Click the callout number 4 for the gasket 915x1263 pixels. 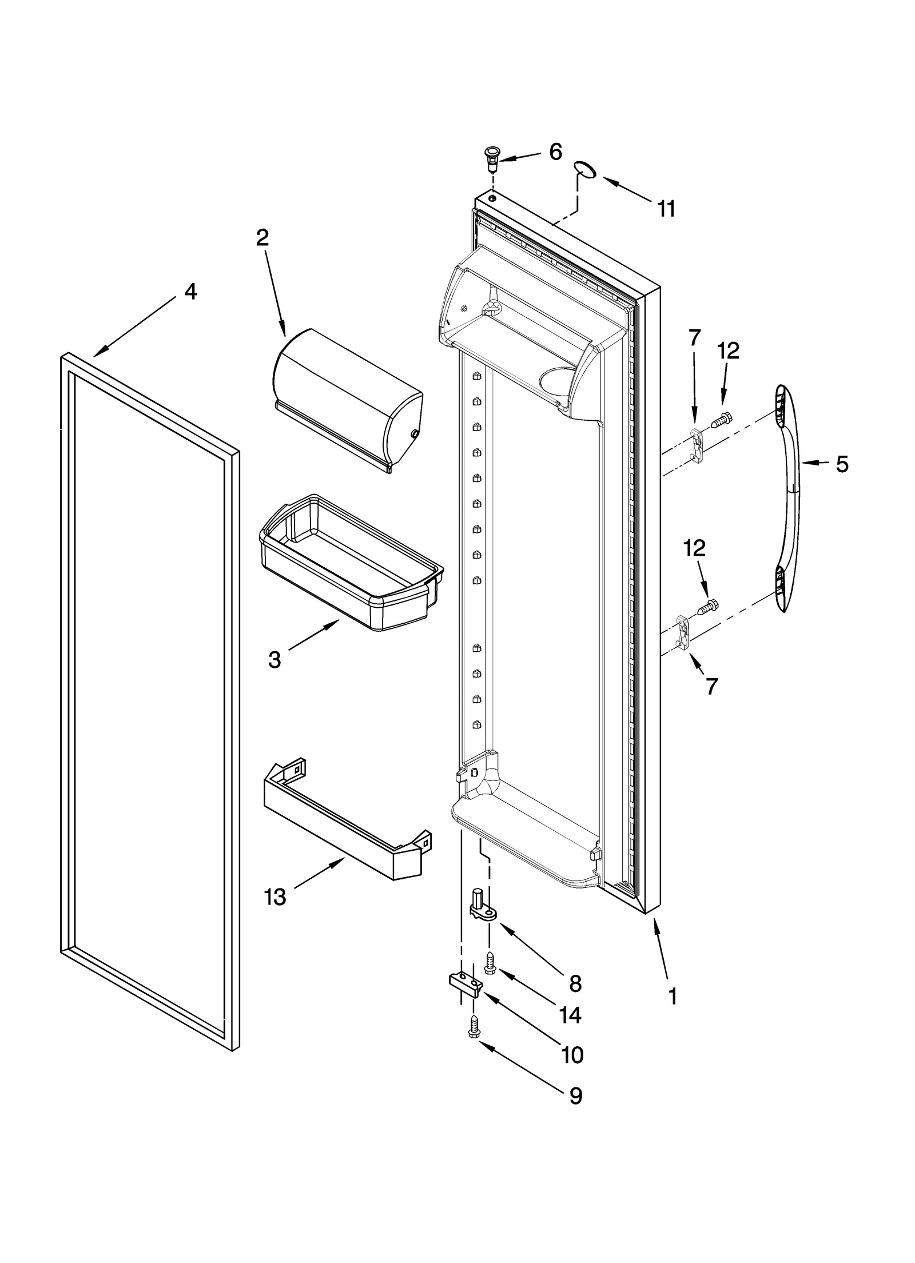(x=190, y=292)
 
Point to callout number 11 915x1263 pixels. (x=666, y=209)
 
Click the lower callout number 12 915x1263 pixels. (x=694, y=548)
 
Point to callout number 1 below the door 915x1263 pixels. (x=673, y=997)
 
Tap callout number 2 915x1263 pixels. (x=262, y=237)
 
